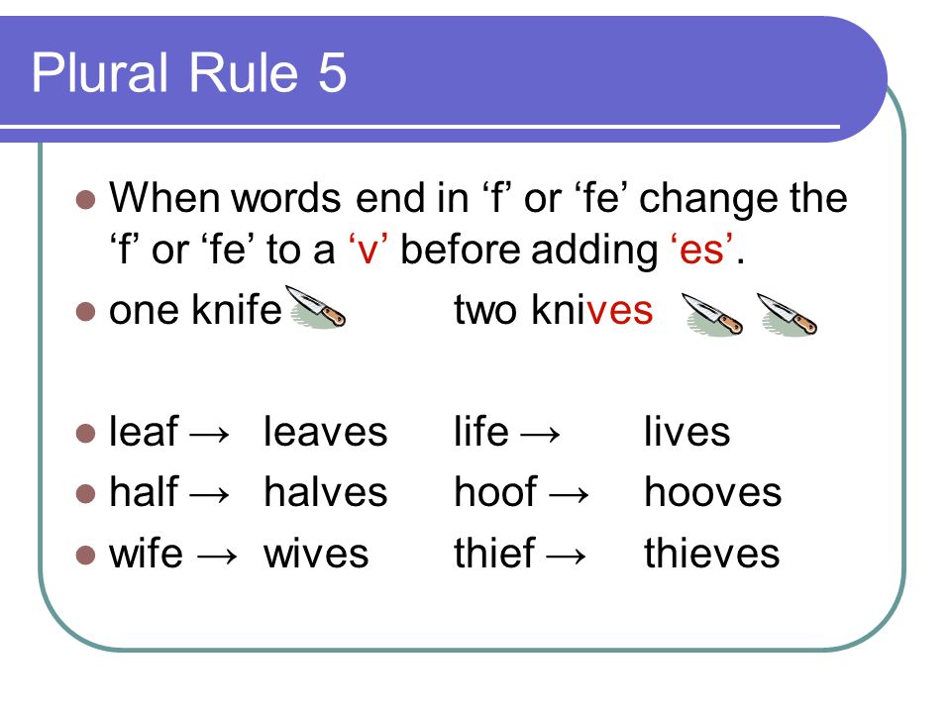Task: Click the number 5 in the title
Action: [332, 72]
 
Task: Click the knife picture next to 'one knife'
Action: [315, 307]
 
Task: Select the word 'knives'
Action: [592, 310]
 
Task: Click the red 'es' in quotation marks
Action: [701, 250]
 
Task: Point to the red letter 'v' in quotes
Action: [368, 250]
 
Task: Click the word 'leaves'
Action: [325, 432]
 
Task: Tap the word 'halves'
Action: [325, 492]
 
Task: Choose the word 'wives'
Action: [316, 554]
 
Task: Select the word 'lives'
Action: [687, 432]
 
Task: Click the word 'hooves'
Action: [712, 492]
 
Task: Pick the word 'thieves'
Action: [712, 553]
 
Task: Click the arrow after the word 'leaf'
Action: [210, 434]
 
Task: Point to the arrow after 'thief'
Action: [567, 556]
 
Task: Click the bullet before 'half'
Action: [86, 494]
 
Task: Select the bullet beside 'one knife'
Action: [86, 312]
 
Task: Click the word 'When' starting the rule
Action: [163, 198]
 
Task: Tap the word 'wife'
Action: [147, 553]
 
